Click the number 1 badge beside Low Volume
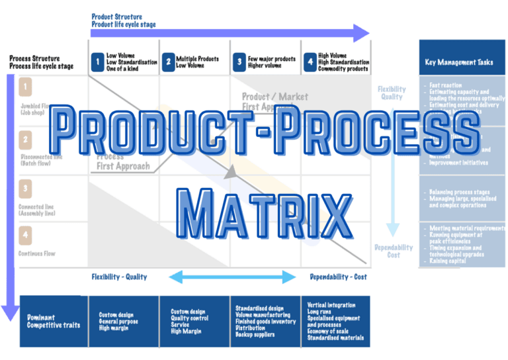pos(97,62)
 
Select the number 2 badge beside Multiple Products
pos(167,62)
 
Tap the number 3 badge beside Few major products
pos(239,62)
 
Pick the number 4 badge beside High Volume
pos(309,62)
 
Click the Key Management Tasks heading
pos(458,62)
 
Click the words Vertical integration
pos(331,305)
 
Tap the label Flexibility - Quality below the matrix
pos(119,277)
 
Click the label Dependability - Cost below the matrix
pos(338,277)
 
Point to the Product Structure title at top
pos(116,17)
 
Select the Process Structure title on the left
pos(37,58)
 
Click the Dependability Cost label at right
pos(394,251)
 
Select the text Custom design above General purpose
pos(116,314)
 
